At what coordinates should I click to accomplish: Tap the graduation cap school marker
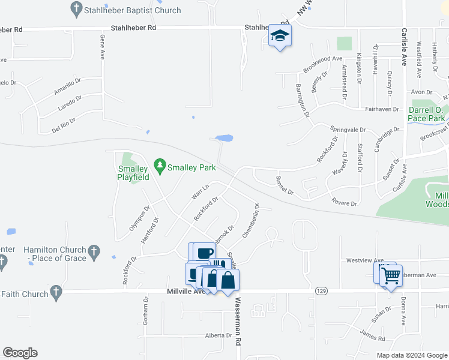pyautogui.click(x=280, y=37)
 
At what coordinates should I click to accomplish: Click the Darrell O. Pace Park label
pyautogui.click(x=426, y=114)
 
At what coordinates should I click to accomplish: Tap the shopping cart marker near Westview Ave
pyautogui.click(x=391, y=277)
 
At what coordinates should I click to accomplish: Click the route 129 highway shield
pyautogui.click(x=320, y=290)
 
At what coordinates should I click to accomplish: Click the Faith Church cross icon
pyautogui.click(x=55, y=293)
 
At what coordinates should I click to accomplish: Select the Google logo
pyautogui.click(x=20, y=353)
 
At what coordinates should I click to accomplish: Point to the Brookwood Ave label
pyautogui.click(x=322, y=64)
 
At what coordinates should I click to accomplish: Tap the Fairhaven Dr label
pyautogui.click(x=382, y=109)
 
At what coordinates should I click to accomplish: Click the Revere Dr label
pyautogui.click(x=345, y=203)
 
